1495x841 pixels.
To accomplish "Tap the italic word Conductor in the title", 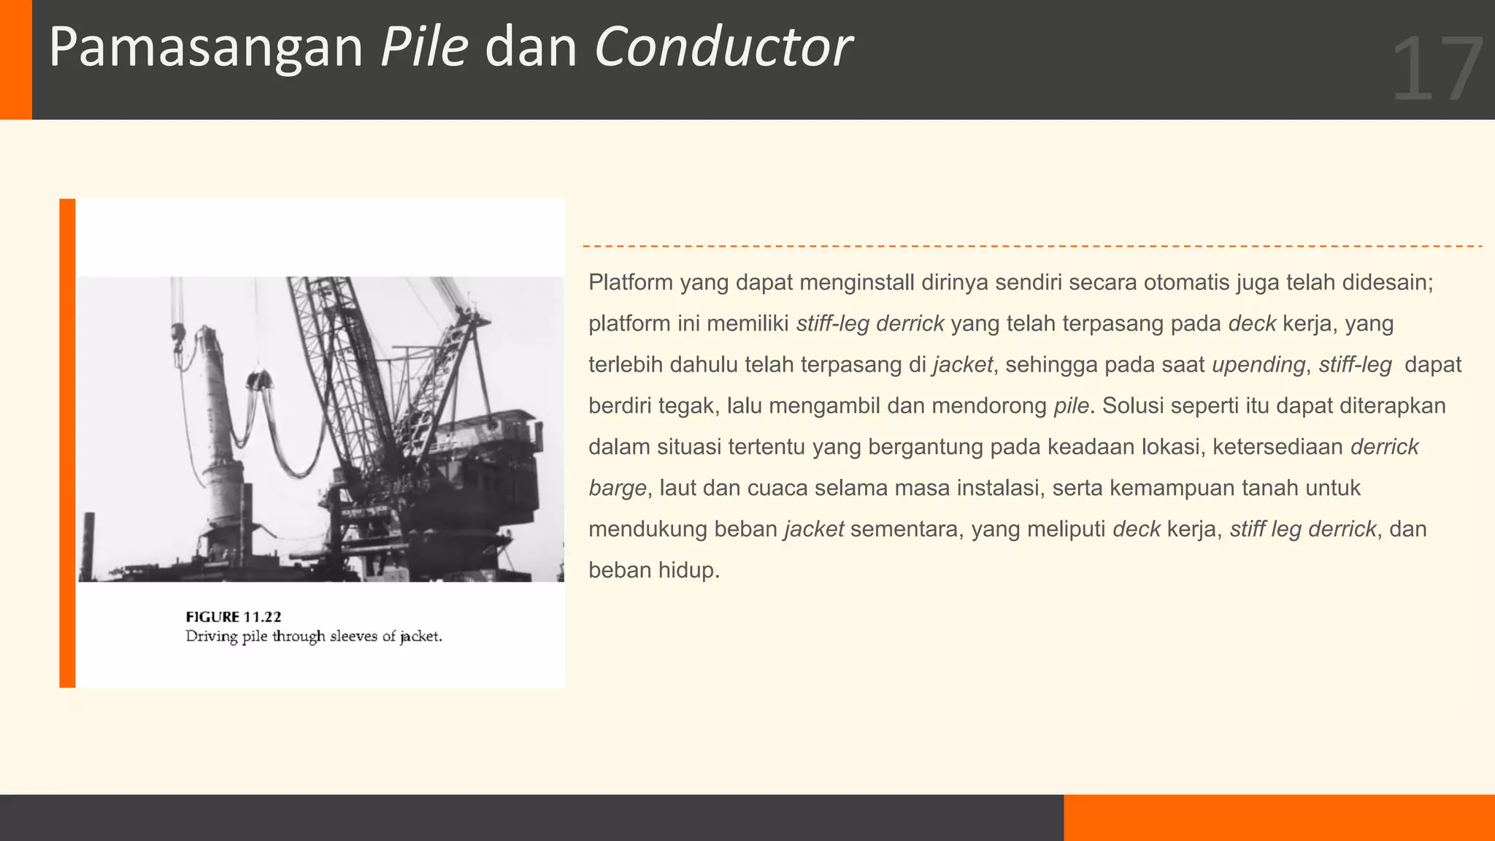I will point(723,48).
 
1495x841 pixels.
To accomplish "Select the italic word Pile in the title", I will point(424,48).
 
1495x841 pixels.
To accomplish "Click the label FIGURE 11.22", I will point(234,617).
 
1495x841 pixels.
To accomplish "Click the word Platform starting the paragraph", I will point(631,283).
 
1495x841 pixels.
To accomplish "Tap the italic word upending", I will point(1258,364).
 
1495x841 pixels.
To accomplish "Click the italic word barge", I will point(618,488).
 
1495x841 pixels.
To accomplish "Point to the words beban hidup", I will point(653,570).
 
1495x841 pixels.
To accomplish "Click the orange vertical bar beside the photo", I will point(67,443).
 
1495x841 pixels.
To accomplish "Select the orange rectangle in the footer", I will point(1279,818).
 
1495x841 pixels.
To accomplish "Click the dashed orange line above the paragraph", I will point(1032,247).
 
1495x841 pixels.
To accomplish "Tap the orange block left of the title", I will point(15,59).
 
